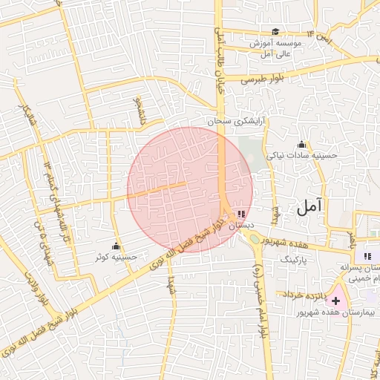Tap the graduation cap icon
click(x=276, y=31)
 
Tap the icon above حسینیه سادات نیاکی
click(x=301, y=145)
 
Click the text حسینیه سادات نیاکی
click(x=302, y=156)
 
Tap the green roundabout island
click(x=255, y=239)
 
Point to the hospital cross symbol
click(x=336, y=301)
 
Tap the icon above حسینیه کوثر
click(x=116, y=246)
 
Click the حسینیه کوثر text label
click(x=117, y=257)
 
